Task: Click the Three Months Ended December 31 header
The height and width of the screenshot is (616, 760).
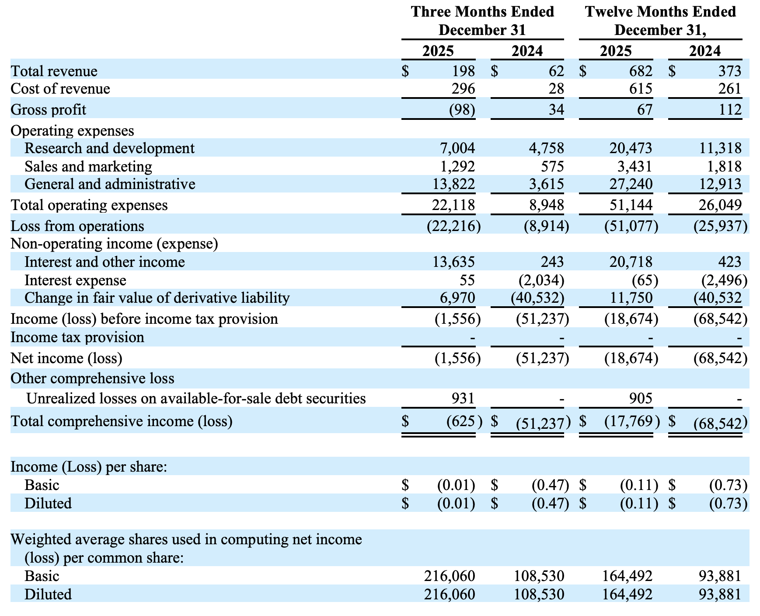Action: (x=482, y=21)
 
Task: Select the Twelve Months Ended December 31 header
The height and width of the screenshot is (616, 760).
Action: (x=660, y=21)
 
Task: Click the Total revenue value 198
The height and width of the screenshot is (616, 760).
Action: (x=463, y=71)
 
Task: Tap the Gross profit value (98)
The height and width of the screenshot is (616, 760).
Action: (x=462, y=109)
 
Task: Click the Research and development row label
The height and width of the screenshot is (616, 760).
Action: (x=109, y=148)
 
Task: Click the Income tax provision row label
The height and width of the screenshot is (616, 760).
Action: (x=77, y=337)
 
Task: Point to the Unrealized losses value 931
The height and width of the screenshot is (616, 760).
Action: (x=463, y=398)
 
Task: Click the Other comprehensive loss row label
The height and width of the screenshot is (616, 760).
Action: (x=92, y=378)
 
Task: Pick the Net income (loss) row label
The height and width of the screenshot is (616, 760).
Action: (x=66, y=358)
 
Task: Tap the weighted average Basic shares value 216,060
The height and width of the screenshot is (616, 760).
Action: (x=450, y=576)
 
